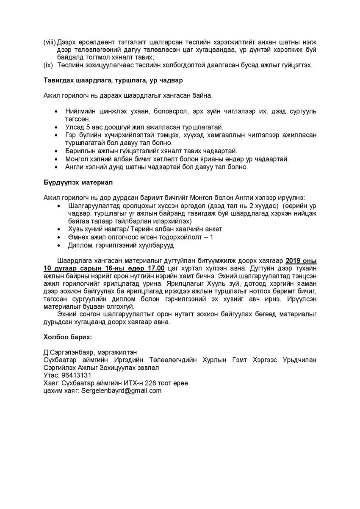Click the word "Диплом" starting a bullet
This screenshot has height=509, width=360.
79,245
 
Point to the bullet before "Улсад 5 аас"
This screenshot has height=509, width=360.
57,127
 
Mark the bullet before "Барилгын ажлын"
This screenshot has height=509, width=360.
57,151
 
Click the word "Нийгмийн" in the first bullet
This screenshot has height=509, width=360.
80,111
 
